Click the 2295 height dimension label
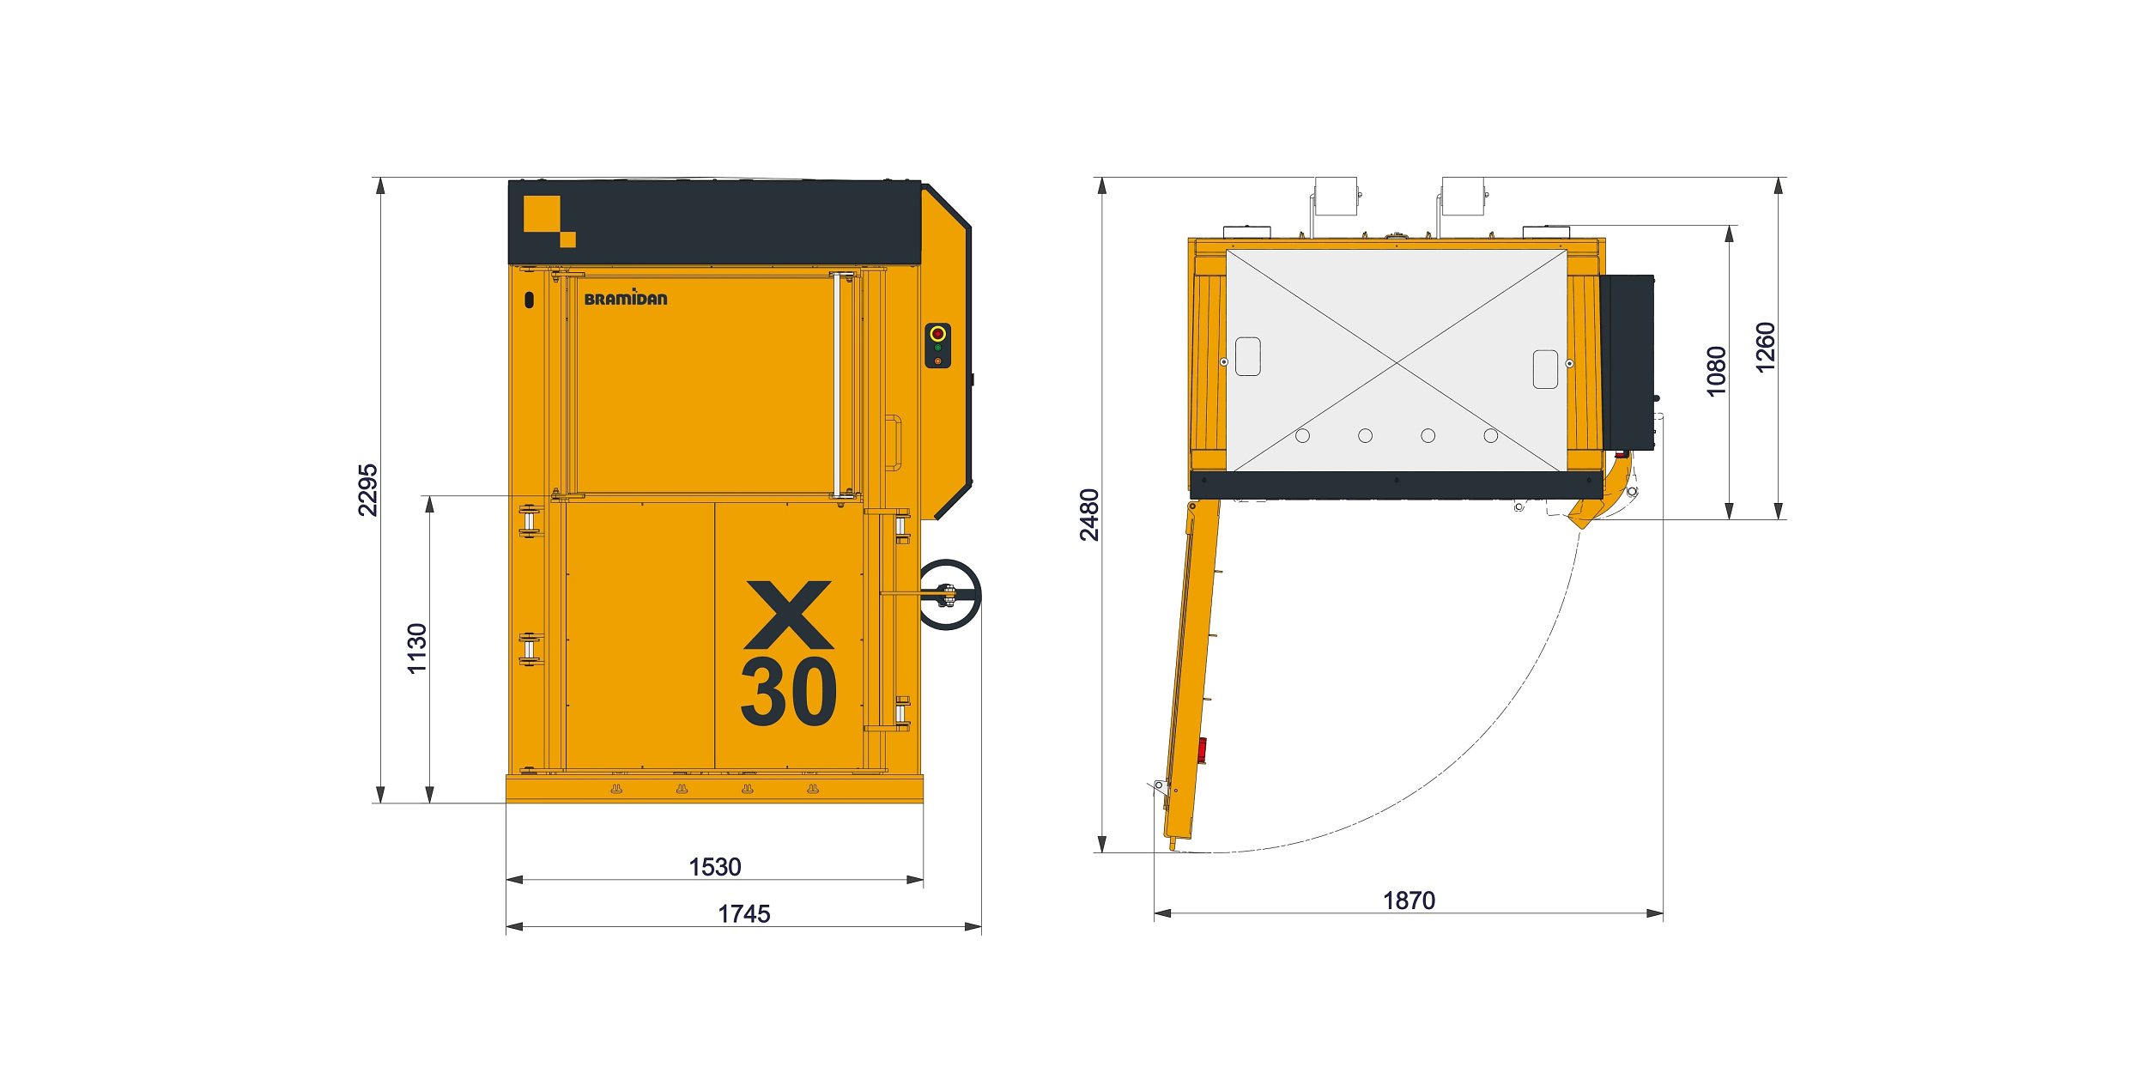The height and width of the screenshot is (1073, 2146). coord(367,490)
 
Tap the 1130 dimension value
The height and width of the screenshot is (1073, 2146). coord(417,648)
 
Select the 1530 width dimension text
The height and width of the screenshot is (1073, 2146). coord(714,867)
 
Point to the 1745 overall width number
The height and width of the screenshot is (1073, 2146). coord(743,914)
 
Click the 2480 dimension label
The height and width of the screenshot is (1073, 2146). coord(1088,515)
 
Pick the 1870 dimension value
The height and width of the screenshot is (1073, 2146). coord(1409,900)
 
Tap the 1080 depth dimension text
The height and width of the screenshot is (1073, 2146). coord(1716,371)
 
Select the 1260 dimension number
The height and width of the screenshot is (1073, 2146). coord(1765,348)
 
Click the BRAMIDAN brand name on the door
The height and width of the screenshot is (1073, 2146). coord(625,298)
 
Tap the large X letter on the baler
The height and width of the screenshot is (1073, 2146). coord(788,615)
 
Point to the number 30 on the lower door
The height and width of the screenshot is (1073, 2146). coord(788,692)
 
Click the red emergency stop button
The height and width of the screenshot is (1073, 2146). coord(937,333)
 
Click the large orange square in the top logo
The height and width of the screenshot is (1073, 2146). coord(542,214)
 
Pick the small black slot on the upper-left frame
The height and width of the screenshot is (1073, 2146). coord(529,300)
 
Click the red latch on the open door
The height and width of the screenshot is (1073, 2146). coord(1202,750)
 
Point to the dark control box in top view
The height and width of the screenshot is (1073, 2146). coord(1627,362)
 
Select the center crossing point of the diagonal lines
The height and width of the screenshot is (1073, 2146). coord(1397,362)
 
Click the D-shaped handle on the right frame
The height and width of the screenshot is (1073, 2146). coord(894,443)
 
